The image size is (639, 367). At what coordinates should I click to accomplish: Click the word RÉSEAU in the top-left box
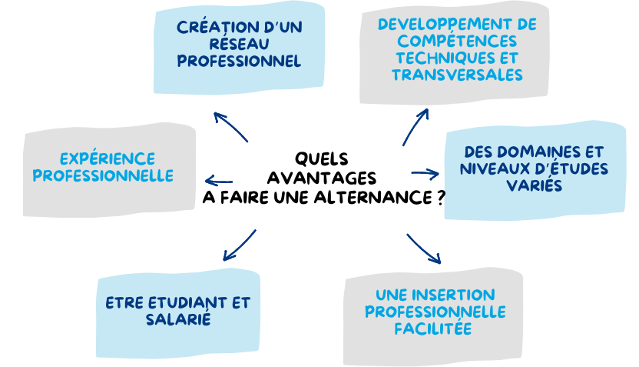(239, 44)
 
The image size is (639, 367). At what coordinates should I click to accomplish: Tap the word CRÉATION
(212, 27)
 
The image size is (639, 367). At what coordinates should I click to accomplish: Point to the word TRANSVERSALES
(457, 75)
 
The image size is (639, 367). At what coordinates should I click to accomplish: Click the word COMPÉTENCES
(457, 42)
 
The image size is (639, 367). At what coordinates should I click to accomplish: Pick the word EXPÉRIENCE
(108, 158)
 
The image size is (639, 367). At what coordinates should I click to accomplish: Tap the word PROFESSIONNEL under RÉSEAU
(239, 61)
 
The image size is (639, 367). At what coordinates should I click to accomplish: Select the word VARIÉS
(535, 185)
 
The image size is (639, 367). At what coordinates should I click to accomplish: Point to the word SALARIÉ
(178, 319)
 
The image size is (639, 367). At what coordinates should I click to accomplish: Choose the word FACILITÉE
(433, 329)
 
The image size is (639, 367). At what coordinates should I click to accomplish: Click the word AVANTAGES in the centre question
(322, 178)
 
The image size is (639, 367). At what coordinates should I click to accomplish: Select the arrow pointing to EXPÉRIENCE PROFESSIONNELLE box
(219, 181)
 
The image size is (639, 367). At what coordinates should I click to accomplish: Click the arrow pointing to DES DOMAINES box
(425, 174)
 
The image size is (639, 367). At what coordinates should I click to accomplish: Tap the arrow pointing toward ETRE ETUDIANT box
(239, 245)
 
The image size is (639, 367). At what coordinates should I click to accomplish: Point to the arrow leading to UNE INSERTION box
(424, 249)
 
